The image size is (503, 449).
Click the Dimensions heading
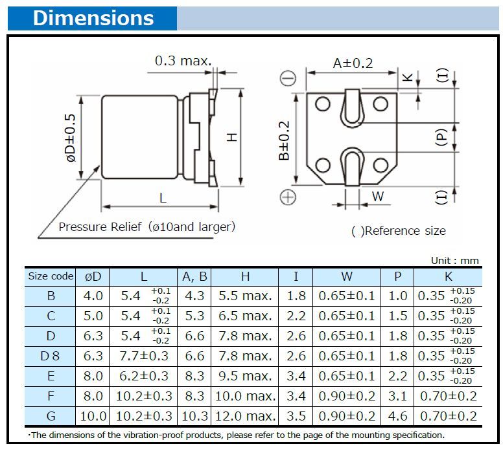pos(93,18)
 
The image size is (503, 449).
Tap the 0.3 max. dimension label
pos(183,61)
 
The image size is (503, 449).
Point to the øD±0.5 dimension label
pos(71,138)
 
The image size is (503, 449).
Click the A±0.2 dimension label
pos(353,63)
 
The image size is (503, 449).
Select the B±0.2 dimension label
pos(284,140)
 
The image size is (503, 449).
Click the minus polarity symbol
pos(288,78)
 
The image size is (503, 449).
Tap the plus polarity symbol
pos(288,197)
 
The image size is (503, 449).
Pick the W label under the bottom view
pos(377,196)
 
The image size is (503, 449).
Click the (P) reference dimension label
pos(442,137)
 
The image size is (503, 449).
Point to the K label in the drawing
pos(407,77)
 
